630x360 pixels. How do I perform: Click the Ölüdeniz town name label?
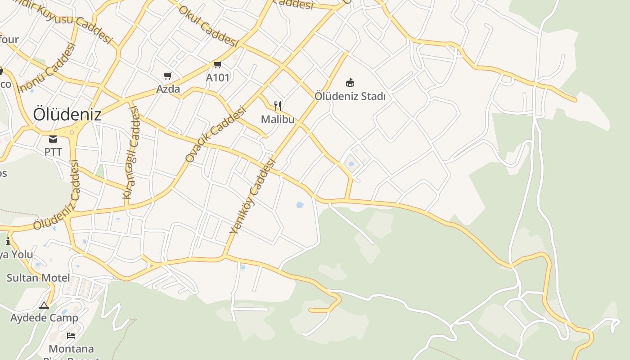click(x=67, y=115)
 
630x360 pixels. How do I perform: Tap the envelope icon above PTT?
click(x=53, y=139)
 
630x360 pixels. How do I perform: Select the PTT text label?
click(x=53, y=152)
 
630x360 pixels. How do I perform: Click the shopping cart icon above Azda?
click(x=168, y=76)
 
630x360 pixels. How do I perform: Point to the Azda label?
click(x=168, y=89)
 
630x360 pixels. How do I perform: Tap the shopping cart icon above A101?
click(x=218, y=65)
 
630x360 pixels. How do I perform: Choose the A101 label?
click(x=218, y=77)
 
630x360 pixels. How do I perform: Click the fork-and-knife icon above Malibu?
click(x=278, y=107)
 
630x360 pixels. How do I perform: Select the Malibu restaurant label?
click(x=278, y=119)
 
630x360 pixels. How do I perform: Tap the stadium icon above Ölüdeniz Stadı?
click(x=350, y=83)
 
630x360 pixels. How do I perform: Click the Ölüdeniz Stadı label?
click(x=350, y=96)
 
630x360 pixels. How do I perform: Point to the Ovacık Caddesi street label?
click(x=216, y=134)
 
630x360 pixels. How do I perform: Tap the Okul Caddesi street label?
click(x=208, y=26)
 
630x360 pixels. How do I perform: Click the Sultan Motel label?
click(x=38, y=278)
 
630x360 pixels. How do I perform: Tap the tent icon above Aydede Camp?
click(x=44, y=306)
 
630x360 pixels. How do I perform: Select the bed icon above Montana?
click(x=71, y=336)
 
